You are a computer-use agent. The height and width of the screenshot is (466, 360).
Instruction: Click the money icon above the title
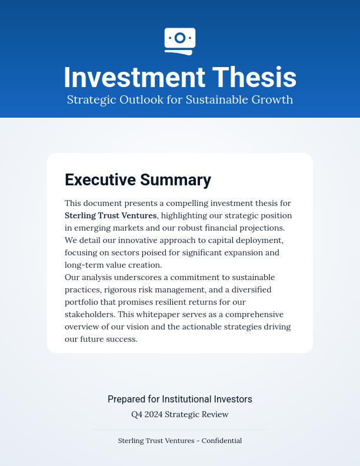(180, 41)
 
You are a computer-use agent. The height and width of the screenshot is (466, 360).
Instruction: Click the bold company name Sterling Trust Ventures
(111, 215)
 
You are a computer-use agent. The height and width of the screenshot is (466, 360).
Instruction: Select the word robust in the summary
(198, 228)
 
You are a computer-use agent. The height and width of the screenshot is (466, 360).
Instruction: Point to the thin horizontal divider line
(180, 430)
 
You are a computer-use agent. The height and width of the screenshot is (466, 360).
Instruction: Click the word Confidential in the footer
(221, 440)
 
